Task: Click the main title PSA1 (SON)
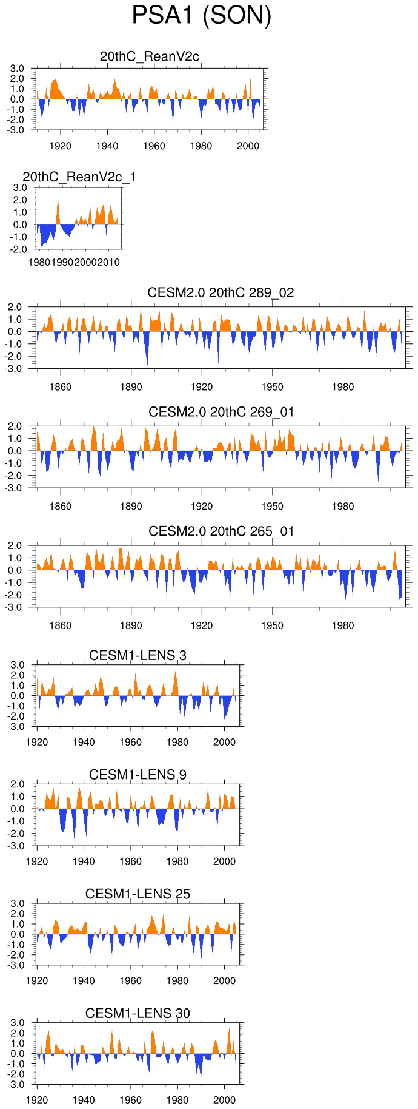[x=201, y=16]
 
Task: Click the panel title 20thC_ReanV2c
[x=150, y=56]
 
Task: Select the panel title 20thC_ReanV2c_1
[x=79, y=177]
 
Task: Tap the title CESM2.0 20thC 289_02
[x=221, y=292]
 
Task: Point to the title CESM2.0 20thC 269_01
[x=221, y=412]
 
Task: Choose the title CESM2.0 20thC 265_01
[x=221, y=531]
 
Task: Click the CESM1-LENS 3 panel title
[x=138, y=655]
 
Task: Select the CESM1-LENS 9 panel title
[x=138, y=775]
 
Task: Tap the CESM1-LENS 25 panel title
[x=138, y=894]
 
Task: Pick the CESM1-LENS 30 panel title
[x=138, y=1013]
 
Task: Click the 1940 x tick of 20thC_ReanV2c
[x=107, y=146]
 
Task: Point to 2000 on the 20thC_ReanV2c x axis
[x=248, y=146]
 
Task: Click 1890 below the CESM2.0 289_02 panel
[x=131, y=387]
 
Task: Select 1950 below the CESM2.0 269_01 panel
[x=272, y=506]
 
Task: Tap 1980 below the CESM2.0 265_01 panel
[x=343, y=625]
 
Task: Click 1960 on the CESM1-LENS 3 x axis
[x=130, y=742]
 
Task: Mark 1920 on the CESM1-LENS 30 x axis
[x=37, y=1100]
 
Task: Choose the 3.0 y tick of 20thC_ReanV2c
[x=18, y=69]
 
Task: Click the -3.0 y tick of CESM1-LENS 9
[x=16, y=846]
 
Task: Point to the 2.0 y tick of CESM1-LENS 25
[x=18, y=914]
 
